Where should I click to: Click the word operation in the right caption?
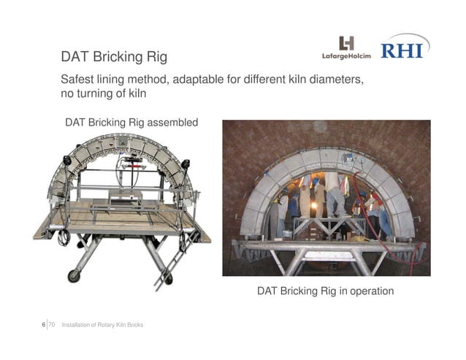(369, 291)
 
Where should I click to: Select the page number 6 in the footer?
(44, 323)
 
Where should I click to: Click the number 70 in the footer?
(53, 323)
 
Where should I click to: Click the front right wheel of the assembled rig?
(168, 278)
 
